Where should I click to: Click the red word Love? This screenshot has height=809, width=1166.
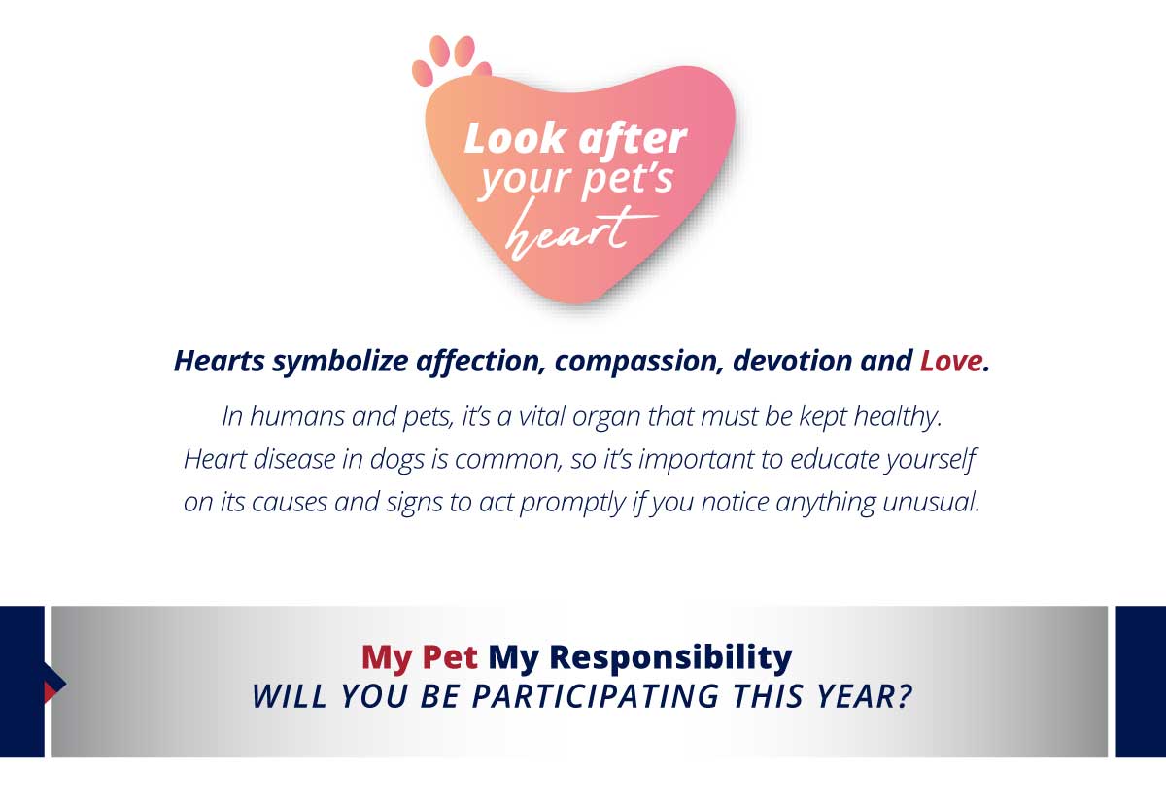coord(951,361)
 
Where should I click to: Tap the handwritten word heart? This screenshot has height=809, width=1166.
coord(580,229)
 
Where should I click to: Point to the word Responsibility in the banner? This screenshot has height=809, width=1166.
coord(670,658)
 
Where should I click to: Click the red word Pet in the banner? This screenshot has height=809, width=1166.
coord(450,657)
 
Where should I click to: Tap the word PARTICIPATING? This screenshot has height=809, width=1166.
coord(595,696)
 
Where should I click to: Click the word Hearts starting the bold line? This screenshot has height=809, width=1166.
coord(220,361)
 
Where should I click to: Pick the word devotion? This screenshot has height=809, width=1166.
coord(792,361)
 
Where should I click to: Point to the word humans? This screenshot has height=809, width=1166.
coord(296,417)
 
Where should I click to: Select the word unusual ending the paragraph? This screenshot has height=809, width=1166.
coord(931,502)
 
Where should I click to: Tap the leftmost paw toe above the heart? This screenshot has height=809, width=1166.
coord(422,73)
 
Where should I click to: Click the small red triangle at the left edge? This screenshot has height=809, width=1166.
coord(50,691)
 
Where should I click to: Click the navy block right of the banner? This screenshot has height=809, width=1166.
coord(1141,682)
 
